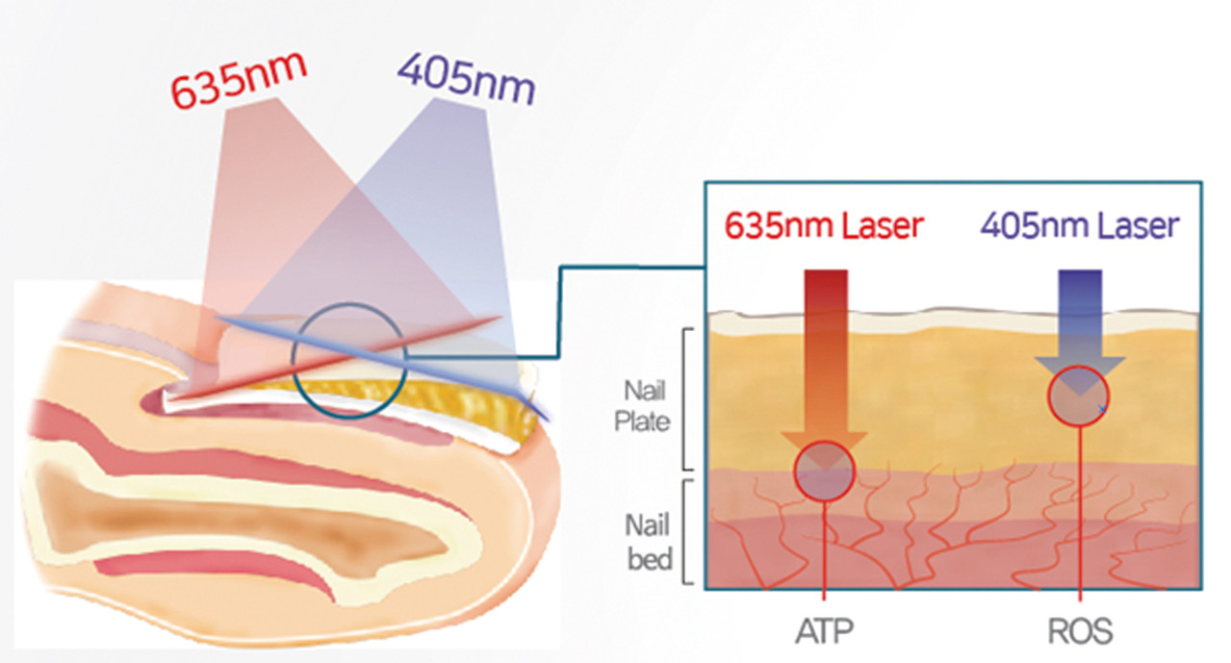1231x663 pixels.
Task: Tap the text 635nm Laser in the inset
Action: pyautogui.click(x=824, y=226)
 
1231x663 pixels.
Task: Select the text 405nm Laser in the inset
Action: pyautogui.click(x=1078, y=226)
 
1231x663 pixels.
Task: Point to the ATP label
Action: pyautogui.click(x=824, y=630)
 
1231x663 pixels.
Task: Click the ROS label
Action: pyautogui.click(x=1080, y=630)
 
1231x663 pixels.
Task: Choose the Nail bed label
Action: pyautogui.click(x=648, y=541)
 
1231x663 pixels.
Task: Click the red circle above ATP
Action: pyautogui.click(x=824, y=470)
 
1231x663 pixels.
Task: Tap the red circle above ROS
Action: pyautogui.click(x=1079, y=395)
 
